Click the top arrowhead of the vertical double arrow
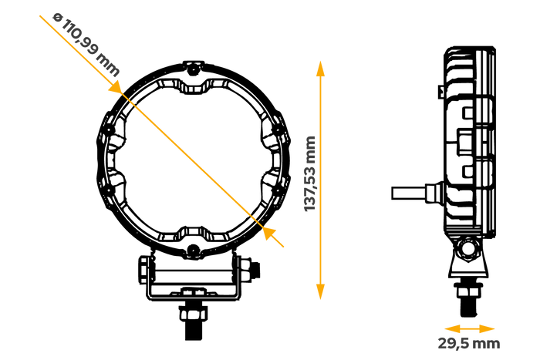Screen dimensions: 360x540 pos(320,69)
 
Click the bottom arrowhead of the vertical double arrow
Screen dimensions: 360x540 pos(320,292)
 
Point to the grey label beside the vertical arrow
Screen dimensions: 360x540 pos(309,173)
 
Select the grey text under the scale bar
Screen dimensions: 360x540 pos(469,343)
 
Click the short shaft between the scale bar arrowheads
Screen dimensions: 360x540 pos(470,328)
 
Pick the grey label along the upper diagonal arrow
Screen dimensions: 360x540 pos(86,44)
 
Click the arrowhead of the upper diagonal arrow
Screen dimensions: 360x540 pos(115,88)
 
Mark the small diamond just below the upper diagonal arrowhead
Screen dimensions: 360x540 pos(132,103)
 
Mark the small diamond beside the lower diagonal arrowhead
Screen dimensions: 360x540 pos(253,218)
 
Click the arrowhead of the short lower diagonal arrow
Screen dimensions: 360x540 pos(268,232)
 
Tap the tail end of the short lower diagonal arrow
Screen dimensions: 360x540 pos(284,247)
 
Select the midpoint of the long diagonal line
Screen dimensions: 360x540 pos(192,160)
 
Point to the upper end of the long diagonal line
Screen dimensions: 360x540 pos(137,109)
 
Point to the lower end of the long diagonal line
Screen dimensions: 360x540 pos(248,213)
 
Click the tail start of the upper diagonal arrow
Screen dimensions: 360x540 pos(40,16)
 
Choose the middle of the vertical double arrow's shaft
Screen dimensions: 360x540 pos(320,180)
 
